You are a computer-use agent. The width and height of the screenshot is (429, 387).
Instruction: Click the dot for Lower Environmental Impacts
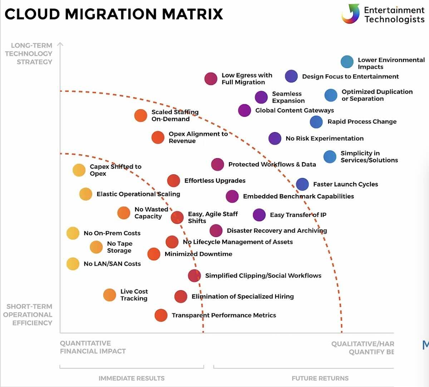pyautogui.click(x=347, y=62)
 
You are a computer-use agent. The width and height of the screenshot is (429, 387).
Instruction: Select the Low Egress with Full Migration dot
pyautogui.click(x=211, y=79)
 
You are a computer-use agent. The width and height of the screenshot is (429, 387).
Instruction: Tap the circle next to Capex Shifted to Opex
pyautogui.click(x=79, y=170)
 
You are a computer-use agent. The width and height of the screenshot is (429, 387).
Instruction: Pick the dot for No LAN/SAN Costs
pyautogui.click(x=73, y=264)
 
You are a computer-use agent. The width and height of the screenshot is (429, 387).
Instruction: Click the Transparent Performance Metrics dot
pyautogui.click(x=161, y=315)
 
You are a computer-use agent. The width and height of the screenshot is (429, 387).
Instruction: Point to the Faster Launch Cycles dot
pyautogui.click(x=302, y=184)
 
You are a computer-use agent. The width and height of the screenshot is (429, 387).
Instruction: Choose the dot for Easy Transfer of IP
pyautogui.click(x=259, y=215)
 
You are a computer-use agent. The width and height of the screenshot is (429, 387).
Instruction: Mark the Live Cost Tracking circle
pyautogui.click(x=110, y=295)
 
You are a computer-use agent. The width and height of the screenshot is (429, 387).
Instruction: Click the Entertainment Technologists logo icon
pyautogui.click(x=350, y=14)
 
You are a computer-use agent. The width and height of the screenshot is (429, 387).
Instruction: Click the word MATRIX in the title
pyautogui.click(x=193, y=14)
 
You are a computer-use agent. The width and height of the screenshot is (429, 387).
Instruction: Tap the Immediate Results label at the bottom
pyautogui.click(x=132, y=378)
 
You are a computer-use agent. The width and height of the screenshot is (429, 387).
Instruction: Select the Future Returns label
pyautogui.click(x=320, y=378)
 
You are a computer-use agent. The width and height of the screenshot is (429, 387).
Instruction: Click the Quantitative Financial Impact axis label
pyautogui.click(x=93, y=347)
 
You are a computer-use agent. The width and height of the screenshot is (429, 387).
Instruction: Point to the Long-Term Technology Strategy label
pyautogui.click(x=29, y=54)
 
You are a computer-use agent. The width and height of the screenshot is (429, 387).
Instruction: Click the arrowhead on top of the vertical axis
pyautogui.click(x=60, y=44)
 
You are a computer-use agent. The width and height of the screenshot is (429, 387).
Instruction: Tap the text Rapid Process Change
pyautogui.click(x=362, y=122)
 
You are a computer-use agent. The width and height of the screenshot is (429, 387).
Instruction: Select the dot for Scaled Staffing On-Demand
pyautogui.click(x=141, y=116)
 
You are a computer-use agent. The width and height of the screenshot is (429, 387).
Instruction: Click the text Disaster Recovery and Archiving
pyautogui.click(x=277, y=231)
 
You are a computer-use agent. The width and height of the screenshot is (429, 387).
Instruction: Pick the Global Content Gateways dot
pyautogui.click(x=245, y=110)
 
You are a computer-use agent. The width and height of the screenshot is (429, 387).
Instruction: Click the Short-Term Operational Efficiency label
pyautogui.click(x=29, y=315)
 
